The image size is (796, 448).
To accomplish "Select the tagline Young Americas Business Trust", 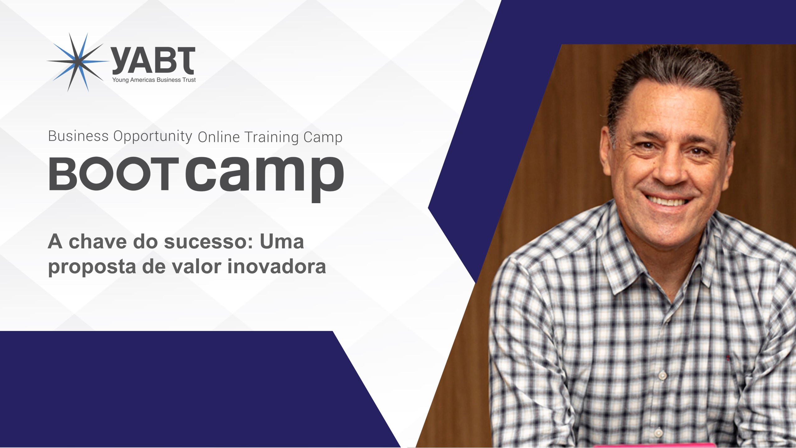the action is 154,80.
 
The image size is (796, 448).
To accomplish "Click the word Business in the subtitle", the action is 78,136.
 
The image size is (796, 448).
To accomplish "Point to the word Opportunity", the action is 153,137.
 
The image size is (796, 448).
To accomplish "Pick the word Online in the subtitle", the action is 219,137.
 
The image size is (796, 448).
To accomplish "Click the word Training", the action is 271,138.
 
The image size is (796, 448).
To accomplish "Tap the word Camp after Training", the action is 323,138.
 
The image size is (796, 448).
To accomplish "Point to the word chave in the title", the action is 98,242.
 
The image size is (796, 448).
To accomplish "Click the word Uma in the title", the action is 282,242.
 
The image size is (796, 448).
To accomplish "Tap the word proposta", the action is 92,268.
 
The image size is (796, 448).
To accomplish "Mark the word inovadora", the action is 277,267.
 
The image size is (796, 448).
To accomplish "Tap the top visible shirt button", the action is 662,376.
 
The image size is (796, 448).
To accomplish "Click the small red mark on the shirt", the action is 728,358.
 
